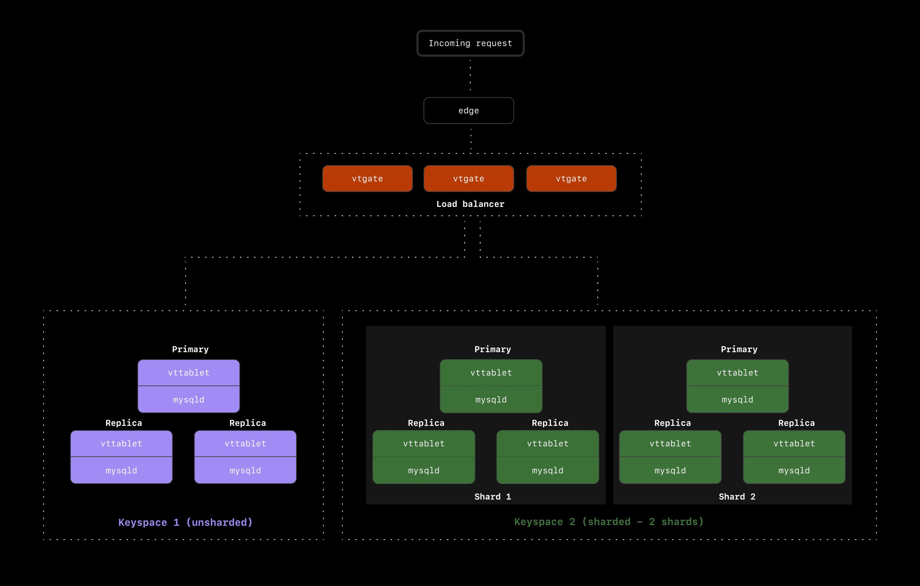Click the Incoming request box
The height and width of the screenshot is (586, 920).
[x=470, y=43]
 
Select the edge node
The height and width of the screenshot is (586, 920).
[x=468, y=111]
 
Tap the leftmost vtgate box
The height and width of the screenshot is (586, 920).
[x=367, y=179]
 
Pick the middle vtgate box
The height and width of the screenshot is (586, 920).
[x=468, y=179]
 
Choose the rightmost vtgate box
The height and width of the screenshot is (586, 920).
[x=571, y=179]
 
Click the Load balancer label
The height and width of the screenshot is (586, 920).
[x=470, y=204]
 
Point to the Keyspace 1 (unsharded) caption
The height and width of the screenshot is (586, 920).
[x=185, y=522]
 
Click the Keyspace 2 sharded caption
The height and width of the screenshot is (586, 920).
[x=609, y=522]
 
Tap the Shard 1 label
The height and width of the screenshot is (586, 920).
[x=493, y=497]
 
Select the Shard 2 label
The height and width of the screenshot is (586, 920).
[x=737, y=497]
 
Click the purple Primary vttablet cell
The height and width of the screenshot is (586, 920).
[x=189, y=373]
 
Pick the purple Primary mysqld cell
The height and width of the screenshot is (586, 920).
[x=189, y=399]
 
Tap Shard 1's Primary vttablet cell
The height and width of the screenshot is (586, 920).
[x=491, y=373]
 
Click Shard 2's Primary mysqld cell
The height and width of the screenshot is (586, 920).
[x=737, y=399]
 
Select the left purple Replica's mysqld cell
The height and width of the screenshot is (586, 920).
[x=121, y=471]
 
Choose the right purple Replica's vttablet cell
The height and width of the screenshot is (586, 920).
[x=245, y=444]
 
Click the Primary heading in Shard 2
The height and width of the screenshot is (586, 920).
[x=739, y=349]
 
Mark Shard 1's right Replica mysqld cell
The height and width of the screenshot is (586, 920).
[x=547, y=471]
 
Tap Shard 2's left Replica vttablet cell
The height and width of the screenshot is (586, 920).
[x=670, y=444]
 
